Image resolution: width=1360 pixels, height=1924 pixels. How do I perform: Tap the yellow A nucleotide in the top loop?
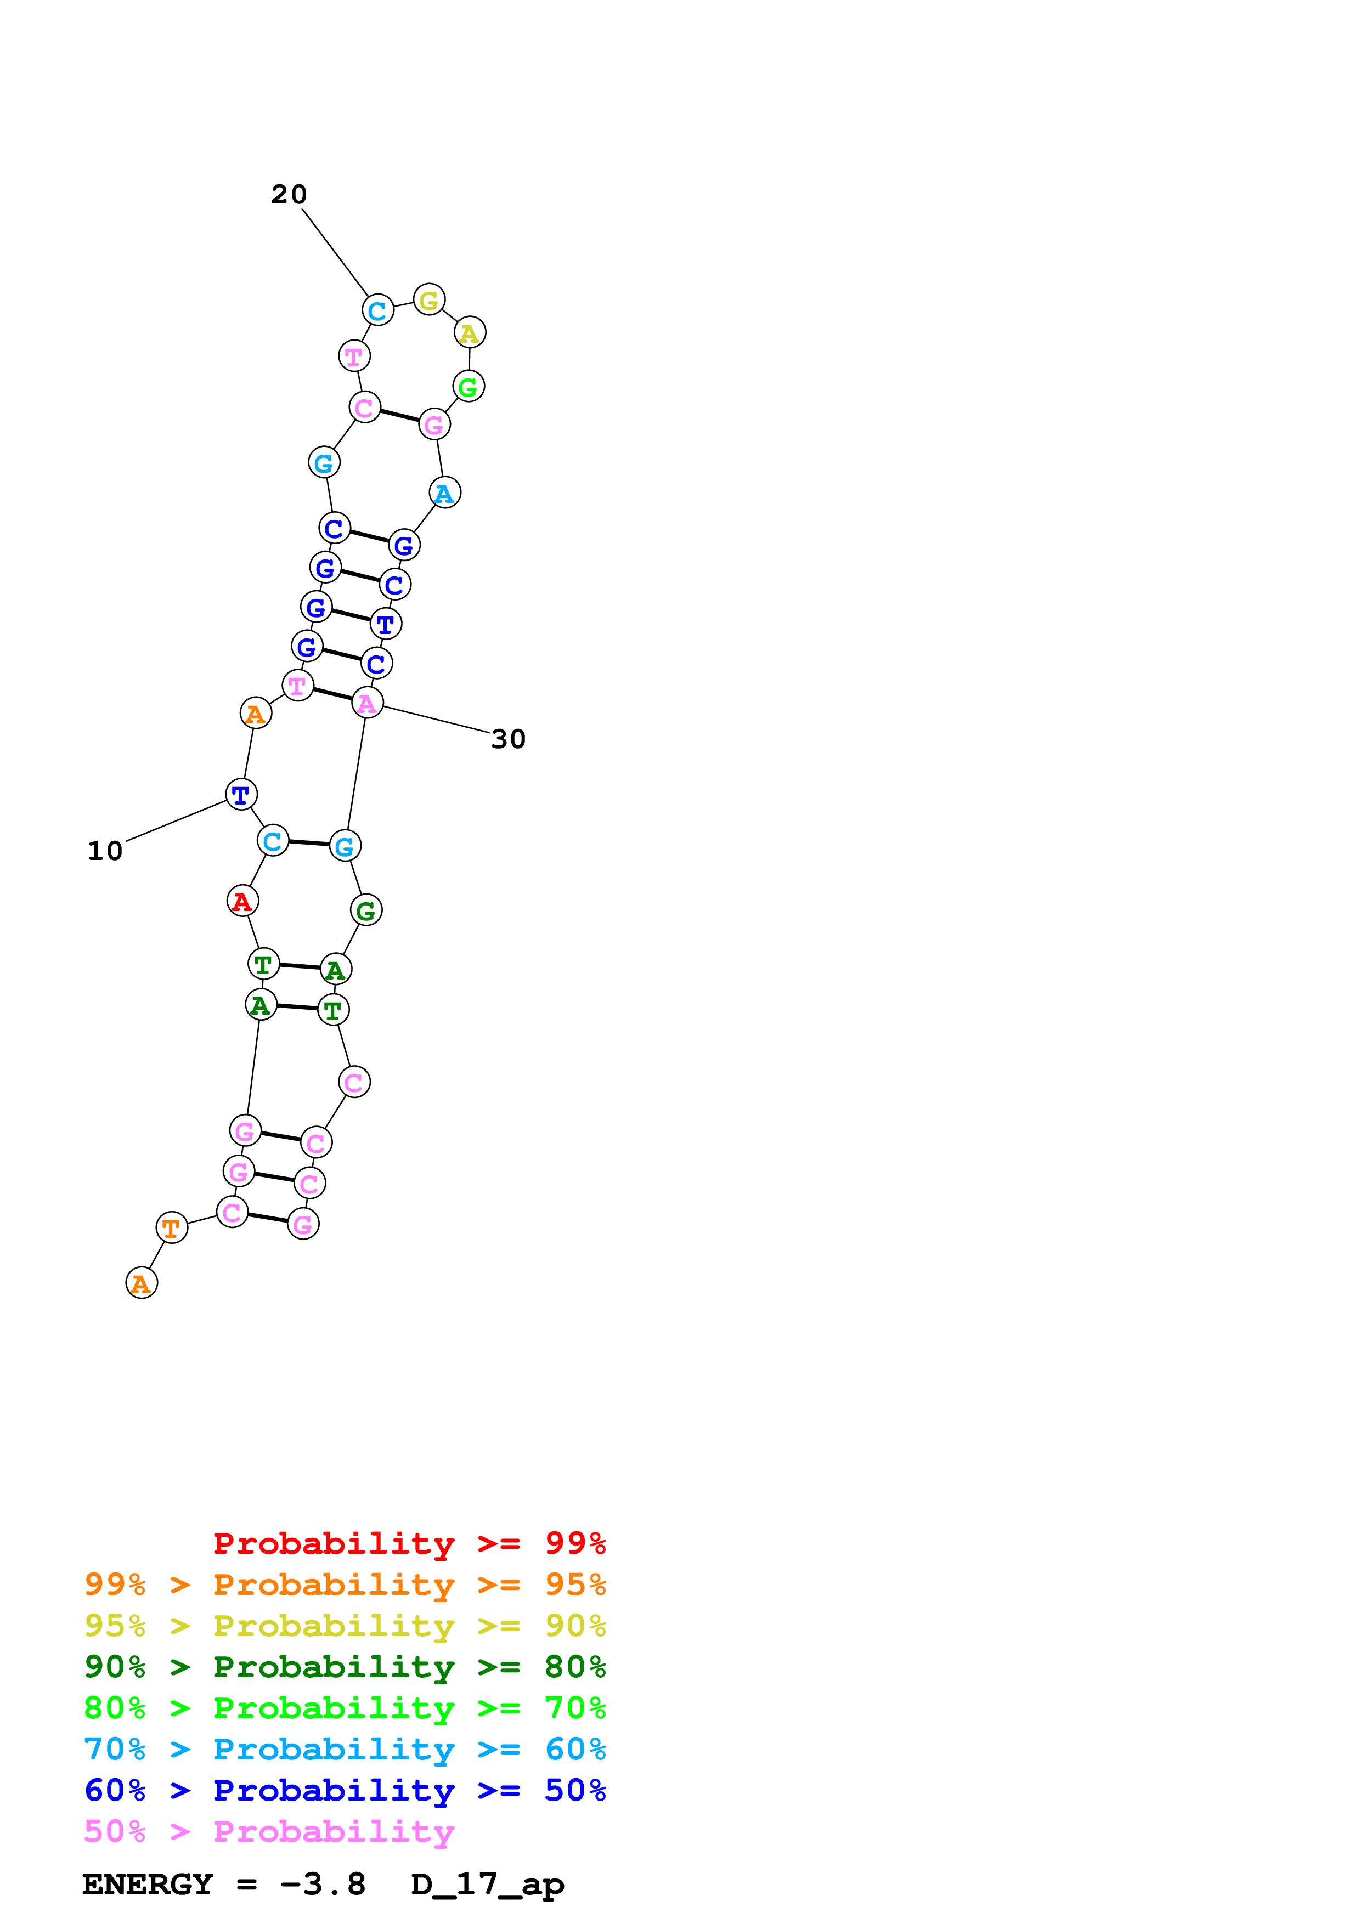click(469, 333)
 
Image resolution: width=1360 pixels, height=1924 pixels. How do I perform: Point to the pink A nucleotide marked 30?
click(367, 703)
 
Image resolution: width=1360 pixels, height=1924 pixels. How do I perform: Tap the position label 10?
click(105, 851)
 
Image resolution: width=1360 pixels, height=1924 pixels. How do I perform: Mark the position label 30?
click(509, 739)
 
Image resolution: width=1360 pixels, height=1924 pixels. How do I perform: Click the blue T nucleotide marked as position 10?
click(241, 794)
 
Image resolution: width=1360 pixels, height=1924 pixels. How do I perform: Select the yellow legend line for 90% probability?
click(345, 1625)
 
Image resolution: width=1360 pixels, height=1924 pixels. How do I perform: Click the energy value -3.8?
click(323, 1885)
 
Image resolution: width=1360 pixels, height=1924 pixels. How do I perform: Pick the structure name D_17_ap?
click(488, 1885)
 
